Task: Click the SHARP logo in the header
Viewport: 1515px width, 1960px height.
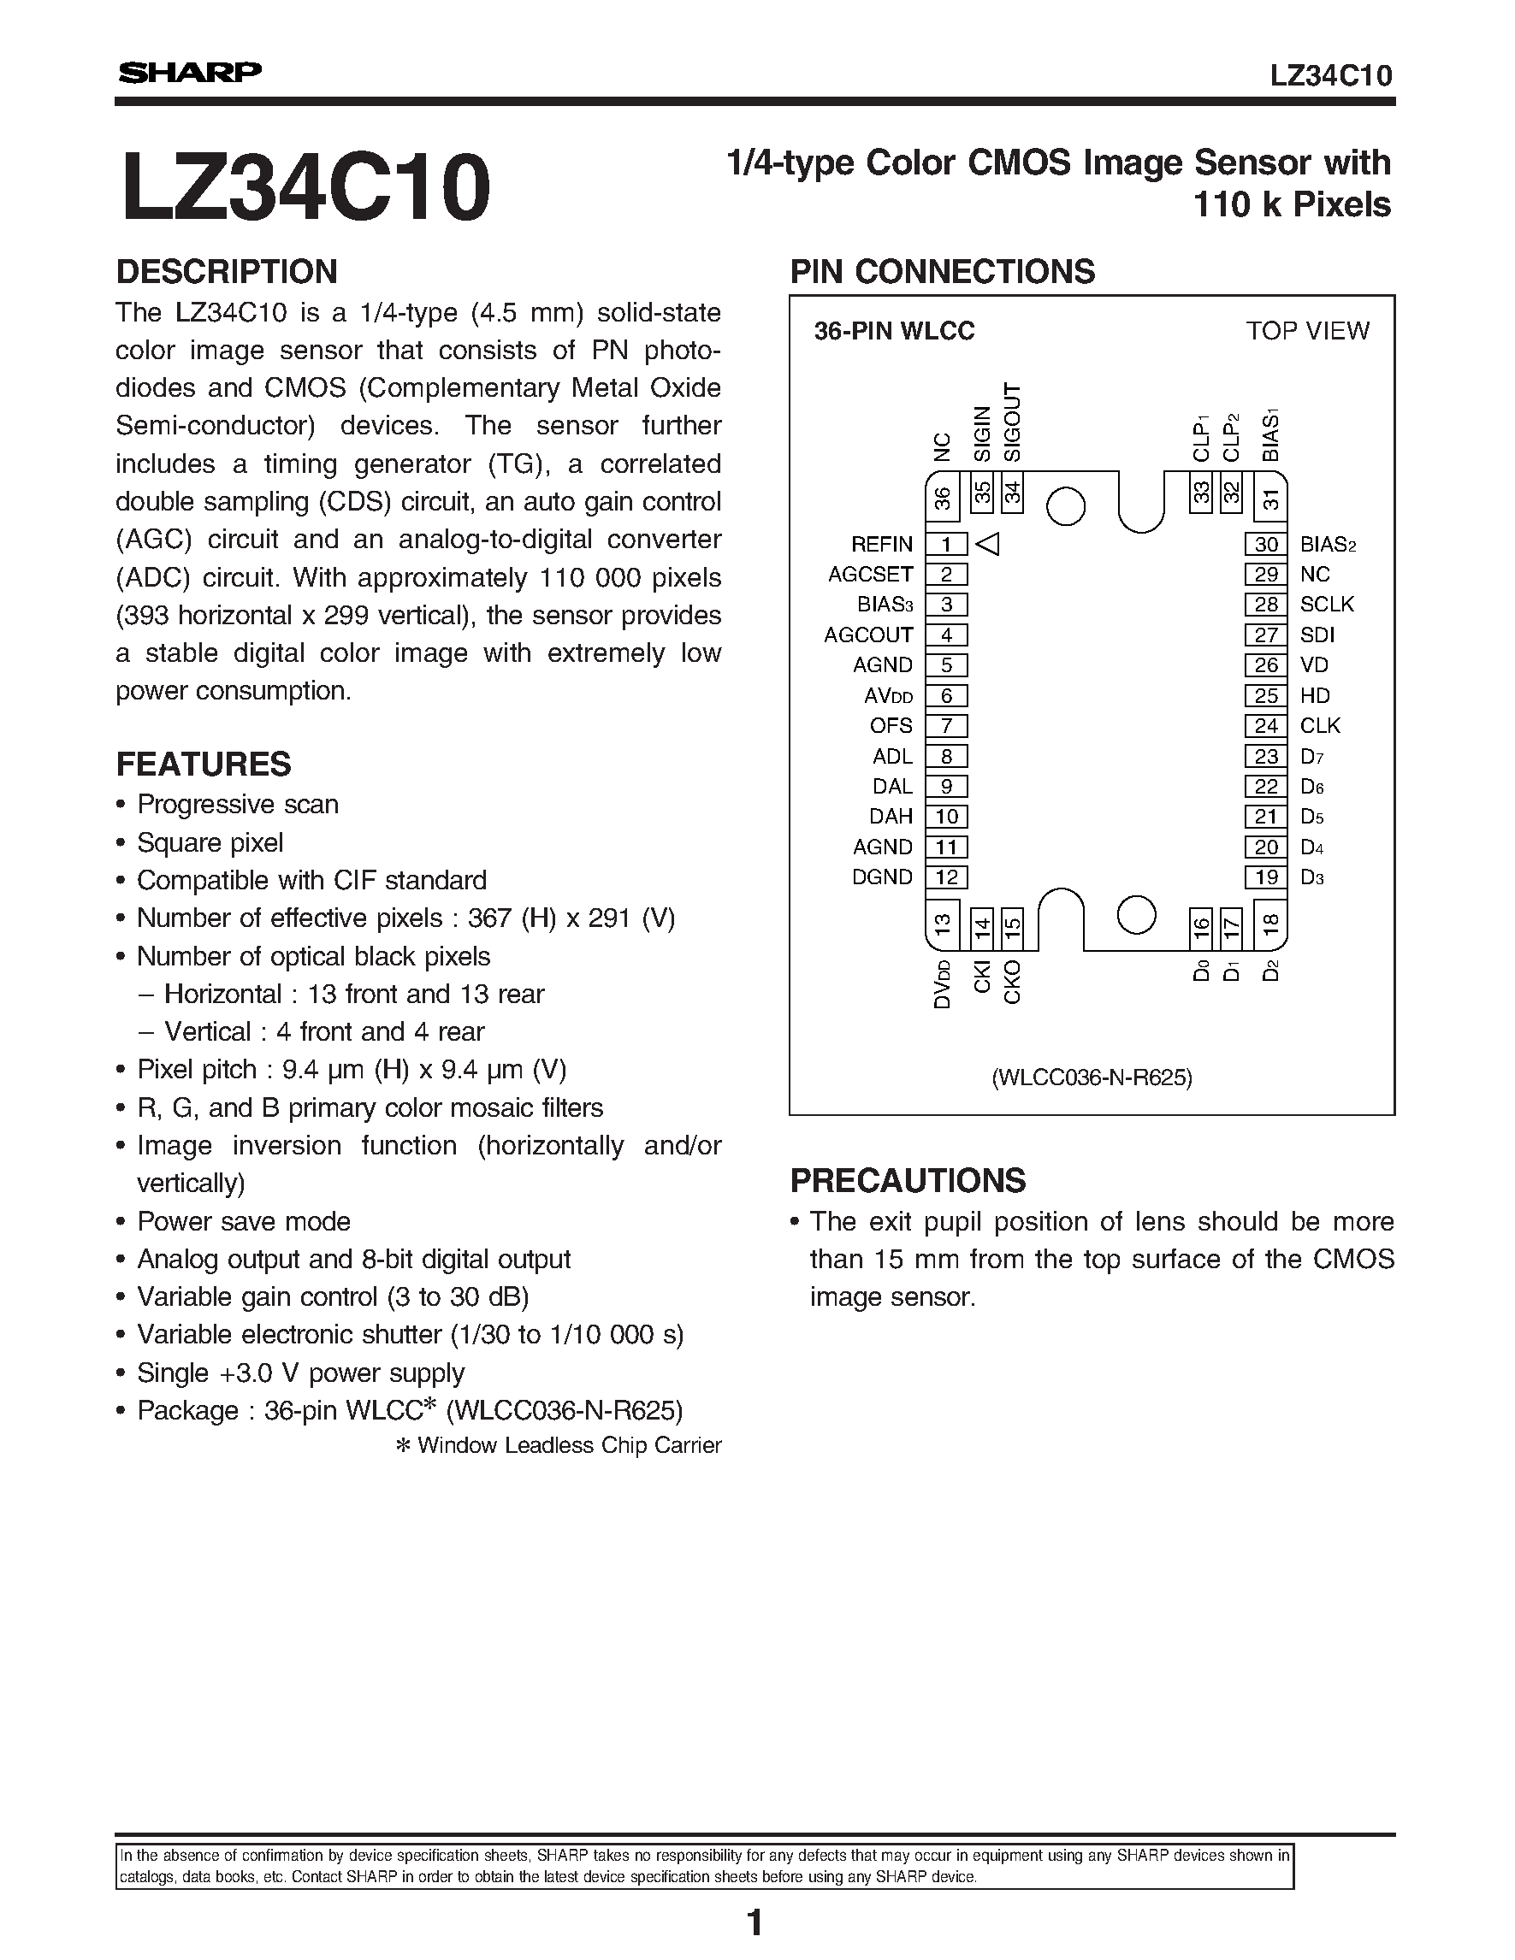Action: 189,73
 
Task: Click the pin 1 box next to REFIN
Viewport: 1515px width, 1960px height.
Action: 946,544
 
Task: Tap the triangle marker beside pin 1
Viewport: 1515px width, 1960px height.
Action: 988,544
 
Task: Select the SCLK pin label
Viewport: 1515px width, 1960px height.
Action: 1327,605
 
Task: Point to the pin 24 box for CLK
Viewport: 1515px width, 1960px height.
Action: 1265,726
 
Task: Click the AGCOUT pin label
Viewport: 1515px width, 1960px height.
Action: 868,635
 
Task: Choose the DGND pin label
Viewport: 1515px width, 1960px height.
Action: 881,877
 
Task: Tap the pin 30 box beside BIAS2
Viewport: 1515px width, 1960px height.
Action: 1265,544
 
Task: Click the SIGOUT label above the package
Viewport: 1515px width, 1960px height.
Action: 1012,422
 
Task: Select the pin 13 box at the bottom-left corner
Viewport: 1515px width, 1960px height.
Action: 942,925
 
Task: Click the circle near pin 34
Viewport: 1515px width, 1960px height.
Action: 1066,506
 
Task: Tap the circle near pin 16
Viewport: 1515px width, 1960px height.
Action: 1135,915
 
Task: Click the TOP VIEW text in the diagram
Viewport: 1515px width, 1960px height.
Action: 1307,331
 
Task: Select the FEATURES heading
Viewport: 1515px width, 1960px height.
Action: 204,765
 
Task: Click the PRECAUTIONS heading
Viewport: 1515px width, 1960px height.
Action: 908,1181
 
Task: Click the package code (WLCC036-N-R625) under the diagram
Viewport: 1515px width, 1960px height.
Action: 1092,1077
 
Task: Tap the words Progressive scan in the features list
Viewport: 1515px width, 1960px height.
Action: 238,804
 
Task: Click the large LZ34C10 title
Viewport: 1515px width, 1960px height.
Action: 306,187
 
